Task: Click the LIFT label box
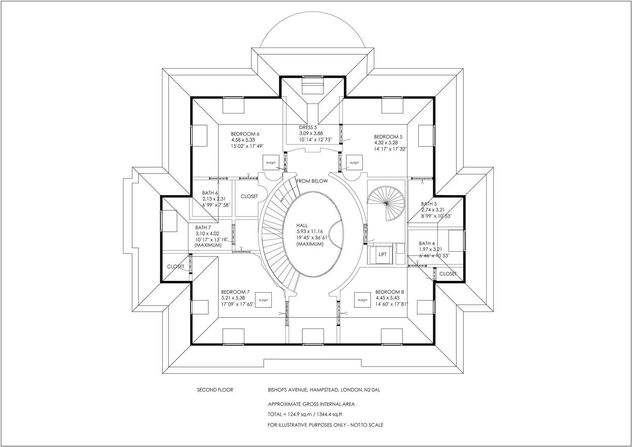[382, 255]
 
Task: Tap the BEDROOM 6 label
[245, 134]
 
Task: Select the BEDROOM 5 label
[388, 137]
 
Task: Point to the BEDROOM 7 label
[235, 292]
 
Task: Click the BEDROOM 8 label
[390, 292]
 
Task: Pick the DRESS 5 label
[308, 127]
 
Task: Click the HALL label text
[302, 225]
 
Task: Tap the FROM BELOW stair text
[312, 181]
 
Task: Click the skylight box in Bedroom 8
[362, 300]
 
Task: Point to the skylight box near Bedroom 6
[271, 163]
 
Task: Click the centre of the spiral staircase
[386, 203]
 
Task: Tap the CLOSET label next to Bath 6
[249, 196]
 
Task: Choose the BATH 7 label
[203, 228]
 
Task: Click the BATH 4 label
[427, 243]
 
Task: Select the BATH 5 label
[429, 204]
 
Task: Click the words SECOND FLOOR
[215, 390]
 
